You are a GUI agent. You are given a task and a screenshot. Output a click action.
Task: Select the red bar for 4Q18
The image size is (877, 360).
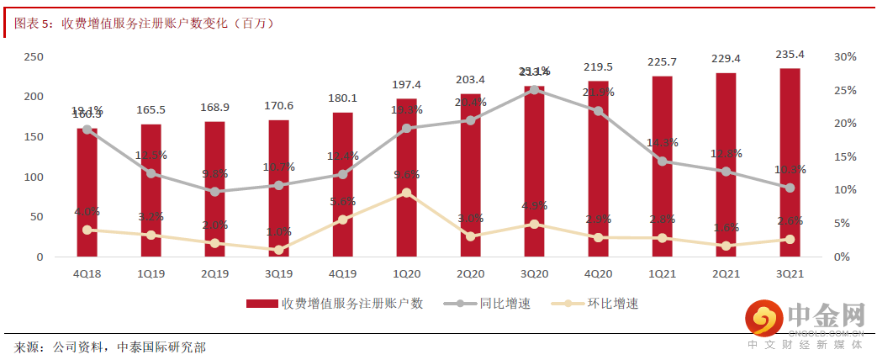[x=87, y=193]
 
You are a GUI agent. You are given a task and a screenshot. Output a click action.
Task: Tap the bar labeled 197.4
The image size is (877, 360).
[x=406, y=189]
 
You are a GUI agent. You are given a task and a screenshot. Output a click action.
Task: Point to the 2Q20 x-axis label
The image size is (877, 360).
[x=470, y=273]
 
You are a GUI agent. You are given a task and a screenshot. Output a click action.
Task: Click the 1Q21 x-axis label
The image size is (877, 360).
[x=662, y=273]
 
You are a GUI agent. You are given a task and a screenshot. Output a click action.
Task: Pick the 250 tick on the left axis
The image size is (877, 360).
[x=34, y=56]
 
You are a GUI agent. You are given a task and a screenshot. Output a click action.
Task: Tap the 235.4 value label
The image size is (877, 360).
[x=790, y=55]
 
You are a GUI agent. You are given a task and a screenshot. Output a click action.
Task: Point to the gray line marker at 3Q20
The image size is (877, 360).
[x=534, y=89]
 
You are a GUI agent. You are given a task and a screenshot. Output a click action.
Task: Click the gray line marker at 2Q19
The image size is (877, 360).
[x=215, y=192]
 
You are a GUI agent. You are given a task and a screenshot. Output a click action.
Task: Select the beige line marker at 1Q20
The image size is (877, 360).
[x=406, y=193]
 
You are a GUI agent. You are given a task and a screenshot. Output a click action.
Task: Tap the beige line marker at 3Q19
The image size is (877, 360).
[x=279, y=250]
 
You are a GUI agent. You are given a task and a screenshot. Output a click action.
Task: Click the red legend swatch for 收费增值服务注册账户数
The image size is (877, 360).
[x=262, y=304]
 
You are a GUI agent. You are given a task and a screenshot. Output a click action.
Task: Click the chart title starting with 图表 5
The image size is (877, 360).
[x=143, y=23]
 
